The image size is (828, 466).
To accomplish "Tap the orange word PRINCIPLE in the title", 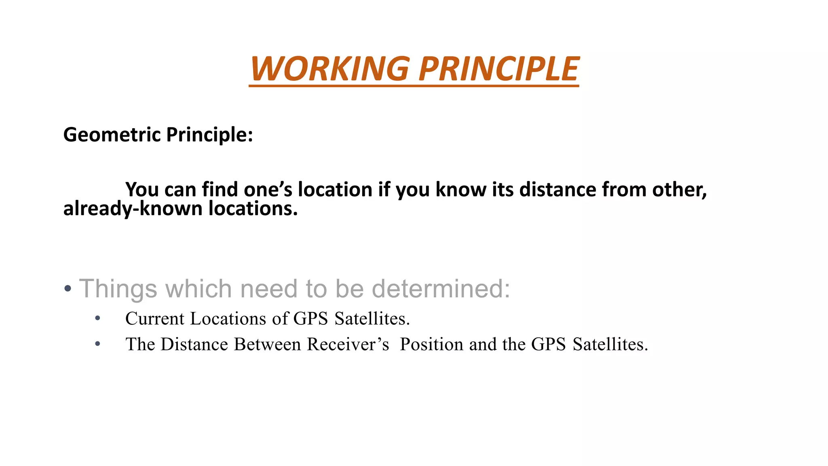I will coord(499,69).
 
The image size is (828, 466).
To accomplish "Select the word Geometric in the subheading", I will coord(112,135).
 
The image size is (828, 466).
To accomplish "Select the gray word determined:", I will coord(441,289).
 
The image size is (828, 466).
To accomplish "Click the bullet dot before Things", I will coord(68,289).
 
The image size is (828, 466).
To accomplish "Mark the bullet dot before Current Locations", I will coord(97,319).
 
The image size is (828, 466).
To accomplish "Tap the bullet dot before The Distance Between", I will coord(97,344).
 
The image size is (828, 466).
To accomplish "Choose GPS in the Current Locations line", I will coord(310,319).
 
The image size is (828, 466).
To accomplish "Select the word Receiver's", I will coord(348,344).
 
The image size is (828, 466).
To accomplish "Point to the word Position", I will coord(431,344).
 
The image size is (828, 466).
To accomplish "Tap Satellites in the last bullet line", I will coord(610,344).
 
